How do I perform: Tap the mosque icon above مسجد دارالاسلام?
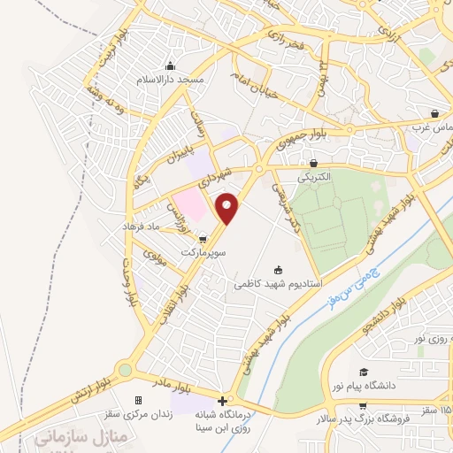pyautogui.click(x=171, y=66)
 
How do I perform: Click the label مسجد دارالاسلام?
pyautogui.click(x=171, y=80)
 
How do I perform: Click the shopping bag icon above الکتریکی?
pyautogui.click(x=314, y=163)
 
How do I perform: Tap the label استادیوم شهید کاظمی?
pyautogui.click(x=278, y=285)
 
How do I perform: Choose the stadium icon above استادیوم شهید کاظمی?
pyautogui.click(x=280, y=271)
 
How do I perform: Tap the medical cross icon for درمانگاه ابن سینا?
pyautogui.click(x=222, y=401)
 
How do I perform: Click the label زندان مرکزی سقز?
pyautogui.click(x=138, y=414)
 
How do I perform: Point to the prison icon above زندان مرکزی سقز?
pyautogui.click(x=137, y=401)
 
